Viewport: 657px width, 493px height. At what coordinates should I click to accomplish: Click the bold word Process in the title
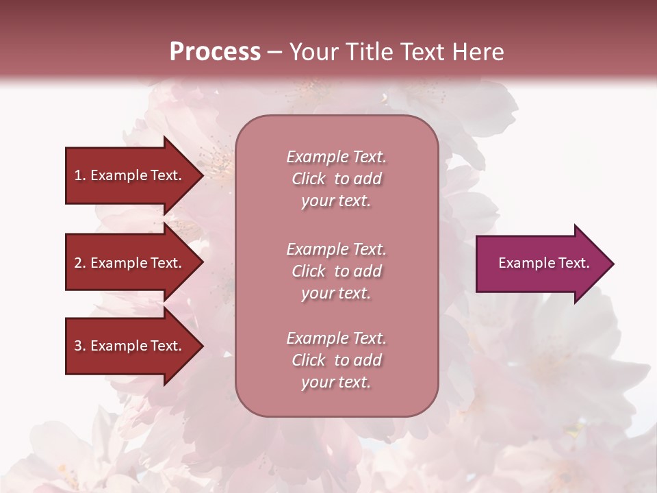coord(215,52)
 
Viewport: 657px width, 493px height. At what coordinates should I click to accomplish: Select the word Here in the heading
coord(478,52)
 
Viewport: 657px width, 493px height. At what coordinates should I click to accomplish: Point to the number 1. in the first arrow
coord(80,175)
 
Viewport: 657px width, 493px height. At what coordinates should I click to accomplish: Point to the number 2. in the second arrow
coord(80,263)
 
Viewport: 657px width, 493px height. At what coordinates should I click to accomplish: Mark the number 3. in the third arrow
coord(80,346)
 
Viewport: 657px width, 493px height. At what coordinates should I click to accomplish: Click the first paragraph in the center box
coord(336,179)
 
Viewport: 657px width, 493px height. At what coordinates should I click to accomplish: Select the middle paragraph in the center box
coord(336,271)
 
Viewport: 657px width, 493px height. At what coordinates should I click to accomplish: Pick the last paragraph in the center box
coord(336,360)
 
